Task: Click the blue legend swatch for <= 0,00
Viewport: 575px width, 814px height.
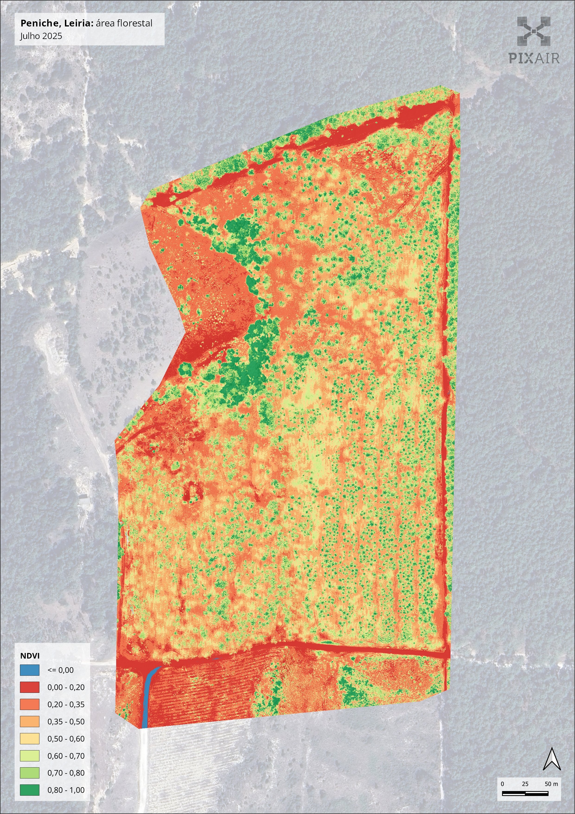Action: click(x=29, y=670)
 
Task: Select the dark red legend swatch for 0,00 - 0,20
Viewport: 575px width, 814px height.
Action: click(x=29, y=687)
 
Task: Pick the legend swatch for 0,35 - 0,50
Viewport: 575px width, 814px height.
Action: click(x=29, y=721)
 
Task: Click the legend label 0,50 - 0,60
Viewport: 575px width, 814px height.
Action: click(x=66, y=739)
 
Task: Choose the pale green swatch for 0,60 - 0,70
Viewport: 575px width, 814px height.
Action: click(x=29, y=756)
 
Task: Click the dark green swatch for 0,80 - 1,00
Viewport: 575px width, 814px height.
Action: click(x=29, y=790)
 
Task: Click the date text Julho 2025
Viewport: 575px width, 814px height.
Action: click(x=41, y=36)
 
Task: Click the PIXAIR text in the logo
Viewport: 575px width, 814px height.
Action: click(x=534, y=58)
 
